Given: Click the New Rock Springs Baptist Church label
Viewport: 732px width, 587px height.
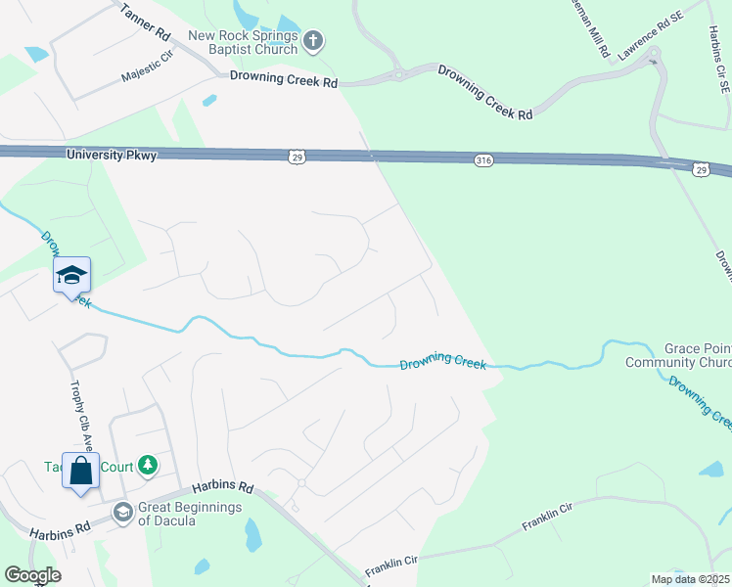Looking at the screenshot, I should tap(244, 42).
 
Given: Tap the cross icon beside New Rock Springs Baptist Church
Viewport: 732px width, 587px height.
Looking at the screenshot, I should tap(313, 42).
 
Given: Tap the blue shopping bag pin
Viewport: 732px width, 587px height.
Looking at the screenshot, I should tap(80, 472).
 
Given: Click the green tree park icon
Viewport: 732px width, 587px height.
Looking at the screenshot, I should tap(148, 464).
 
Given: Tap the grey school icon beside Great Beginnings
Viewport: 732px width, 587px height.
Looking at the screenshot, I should tap(122, 512).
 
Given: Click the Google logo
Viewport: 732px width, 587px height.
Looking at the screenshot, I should tap(32, 575).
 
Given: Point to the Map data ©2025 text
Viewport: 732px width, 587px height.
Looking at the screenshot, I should tap(690, 579).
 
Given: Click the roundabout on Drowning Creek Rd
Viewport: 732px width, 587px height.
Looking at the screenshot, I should tap(398, 72).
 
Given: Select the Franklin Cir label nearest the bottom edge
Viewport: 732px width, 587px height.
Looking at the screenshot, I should tap(391, 564).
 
